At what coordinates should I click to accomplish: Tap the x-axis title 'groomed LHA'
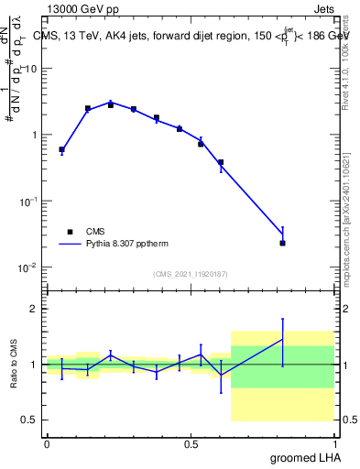click(307, 457)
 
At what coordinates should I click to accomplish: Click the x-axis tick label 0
click(47, 444)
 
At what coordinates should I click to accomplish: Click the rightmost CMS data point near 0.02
click(283, 243)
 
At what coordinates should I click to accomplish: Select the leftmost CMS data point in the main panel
click(61, 149)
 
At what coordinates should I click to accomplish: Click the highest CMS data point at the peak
click(111, 104)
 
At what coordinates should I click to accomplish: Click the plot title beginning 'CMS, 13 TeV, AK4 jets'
click(192, 36)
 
